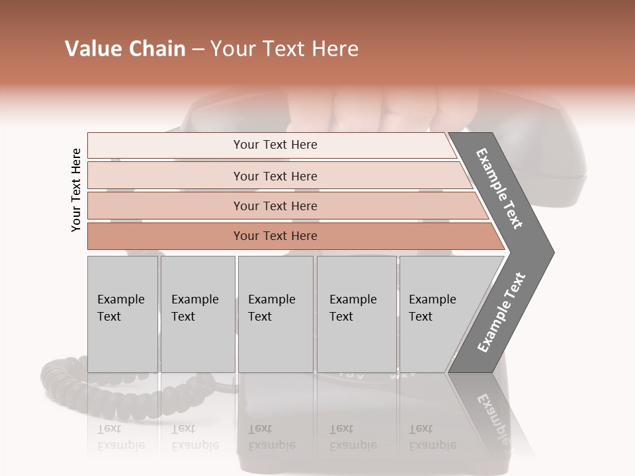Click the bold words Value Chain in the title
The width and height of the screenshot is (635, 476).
[x=125, y=49]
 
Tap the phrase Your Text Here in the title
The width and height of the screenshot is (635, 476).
[x=284, y=49]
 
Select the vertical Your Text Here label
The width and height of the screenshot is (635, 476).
[x=76, y=190]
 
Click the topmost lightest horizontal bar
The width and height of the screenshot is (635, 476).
[x=275, y=145]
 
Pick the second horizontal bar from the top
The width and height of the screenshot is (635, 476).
[x=275, y=176]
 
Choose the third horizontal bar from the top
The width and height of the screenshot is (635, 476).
[x=275, y=206]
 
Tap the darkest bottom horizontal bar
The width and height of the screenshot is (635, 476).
[x=275, y=236]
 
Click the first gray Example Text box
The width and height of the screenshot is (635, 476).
[x=122, y=314]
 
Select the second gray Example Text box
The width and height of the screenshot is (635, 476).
[x=197, y=314]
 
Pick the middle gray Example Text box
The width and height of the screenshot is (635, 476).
[x=275, y=314]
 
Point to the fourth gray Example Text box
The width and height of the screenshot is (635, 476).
[x=356, y=314]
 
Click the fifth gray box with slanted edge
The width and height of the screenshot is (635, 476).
[x=437, y=314]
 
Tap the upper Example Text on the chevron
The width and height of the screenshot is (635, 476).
[x=499, y=188]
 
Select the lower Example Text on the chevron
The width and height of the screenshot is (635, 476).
[x=501, y=313]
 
